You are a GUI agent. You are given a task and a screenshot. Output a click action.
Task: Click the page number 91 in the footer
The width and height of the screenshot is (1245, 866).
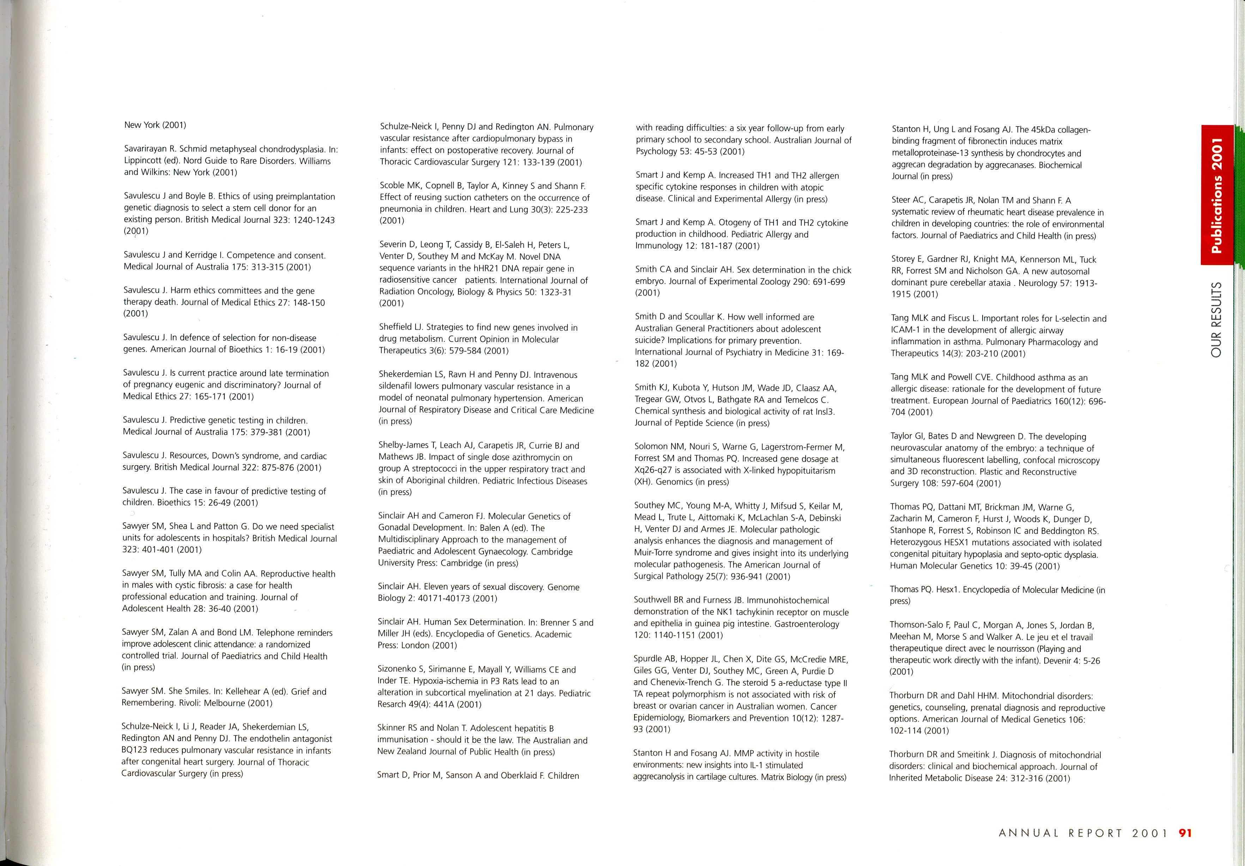(1185, 833)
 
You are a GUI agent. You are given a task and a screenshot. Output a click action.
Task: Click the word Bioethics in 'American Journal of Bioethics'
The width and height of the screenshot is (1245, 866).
(245, 350)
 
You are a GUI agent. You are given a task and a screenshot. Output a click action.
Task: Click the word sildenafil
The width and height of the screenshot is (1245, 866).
(397, 387)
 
